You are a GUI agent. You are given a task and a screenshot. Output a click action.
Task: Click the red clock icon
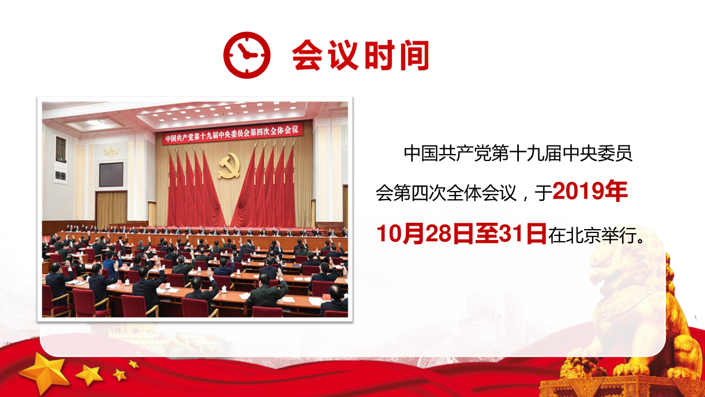click(x=247, y=55)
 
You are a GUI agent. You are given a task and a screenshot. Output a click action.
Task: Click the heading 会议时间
click(x=361, y=55)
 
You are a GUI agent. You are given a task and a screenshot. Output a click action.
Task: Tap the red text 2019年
click(x=590, y=191)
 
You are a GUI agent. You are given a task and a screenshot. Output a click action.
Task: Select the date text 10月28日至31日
click(x=461, y=234)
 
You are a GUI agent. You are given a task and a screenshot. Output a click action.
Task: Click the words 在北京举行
click(x=593, y=235)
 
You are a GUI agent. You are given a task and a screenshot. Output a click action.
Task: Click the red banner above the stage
click(x=233, y=134)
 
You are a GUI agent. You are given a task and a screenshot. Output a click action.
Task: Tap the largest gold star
click(x=45, y=374)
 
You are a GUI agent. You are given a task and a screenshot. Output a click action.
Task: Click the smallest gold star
click(x=134, y=364)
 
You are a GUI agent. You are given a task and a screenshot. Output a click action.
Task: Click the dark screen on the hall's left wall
click(x=111, y=175)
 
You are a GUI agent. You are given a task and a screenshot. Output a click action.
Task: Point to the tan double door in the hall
click(x=111, y=208)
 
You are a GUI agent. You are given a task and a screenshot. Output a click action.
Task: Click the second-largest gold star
click(x=89, y=374)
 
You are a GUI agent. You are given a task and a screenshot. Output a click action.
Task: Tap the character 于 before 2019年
click(x=543, y=193)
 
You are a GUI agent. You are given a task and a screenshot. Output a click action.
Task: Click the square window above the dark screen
click(x=61, y=149)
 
